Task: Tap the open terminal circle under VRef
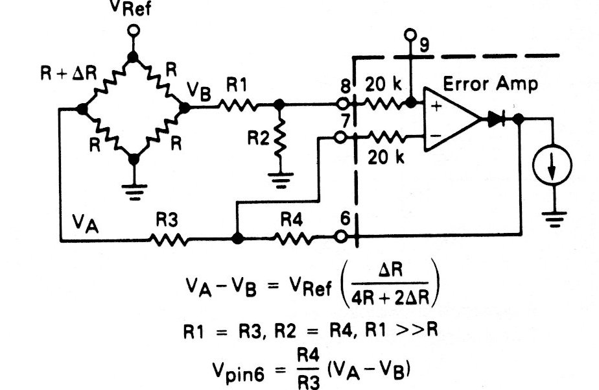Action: [x=133, y=31]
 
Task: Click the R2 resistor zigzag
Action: [x=279, y=139]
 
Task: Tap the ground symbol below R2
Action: [x=279, y=178]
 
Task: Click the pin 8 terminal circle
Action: [x=342, y=103]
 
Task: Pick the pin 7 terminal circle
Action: [x=342, y=136]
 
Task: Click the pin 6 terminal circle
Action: [x=342, y=238]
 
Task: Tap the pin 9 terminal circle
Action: [x=409, y=33]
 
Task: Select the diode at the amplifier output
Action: [x=497, y=119]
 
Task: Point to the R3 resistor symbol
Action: [x=170, y=239]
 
